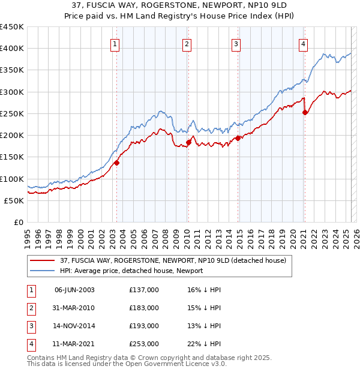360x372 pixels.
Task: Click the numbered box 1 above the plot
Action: click(115, 44)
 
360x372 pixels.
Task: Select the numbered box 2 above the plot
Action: click(187, 44)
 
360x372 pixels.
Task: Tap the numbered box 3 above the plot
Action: click(236, 44)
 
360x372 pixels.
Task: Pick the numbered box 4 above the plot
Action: click(304, 44)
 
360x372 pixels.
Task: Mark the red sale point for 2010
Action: click(188, 142)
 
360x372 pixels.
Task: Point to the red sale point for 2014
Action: click(238, 138)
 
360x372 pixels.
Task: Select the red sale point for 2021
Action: click(305, 112)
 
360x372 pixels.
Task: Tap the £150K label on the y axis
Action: click(11, 157)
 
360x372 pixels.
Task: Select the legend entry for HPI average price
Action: click(131, 271)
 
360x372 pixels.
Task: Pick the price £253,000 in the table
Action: click(144, 344)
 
